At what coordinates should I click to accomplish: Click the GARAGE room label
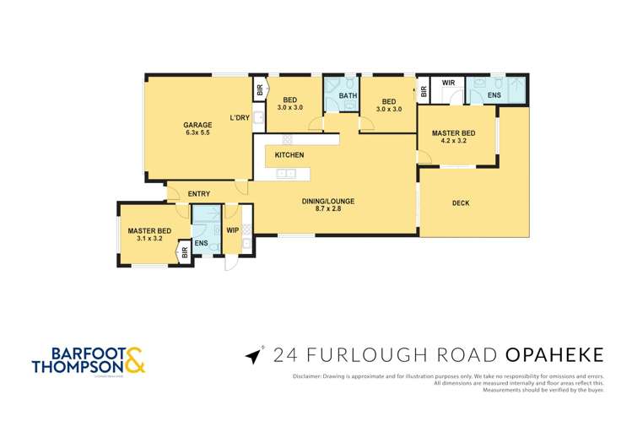(197, 125)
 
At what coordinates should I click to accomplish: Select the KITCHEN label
(289, 155)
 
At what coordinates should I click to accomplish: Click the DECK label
(460, 202)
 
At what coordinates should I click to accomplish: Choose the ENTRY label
(199, 194)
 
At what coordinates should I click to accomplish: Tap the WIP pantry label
(232, 227)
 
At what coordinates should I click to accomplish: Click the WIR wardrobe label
(448, 84)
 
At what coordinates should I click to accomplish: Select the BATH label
(348, 95)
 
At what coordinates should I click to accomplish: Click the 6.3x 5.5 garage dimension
(197, 133)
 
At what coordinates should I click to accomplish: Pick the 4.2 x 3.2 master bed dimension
(453, 141)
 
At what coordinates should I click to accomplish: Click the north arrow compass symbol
(252, 356)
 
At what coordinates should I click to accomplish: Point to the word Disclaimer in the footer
(309, 375)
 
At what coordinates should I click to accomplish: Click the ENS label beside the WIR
(494, 95)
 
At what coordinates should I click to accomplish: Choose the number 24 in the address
(284, 355)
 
